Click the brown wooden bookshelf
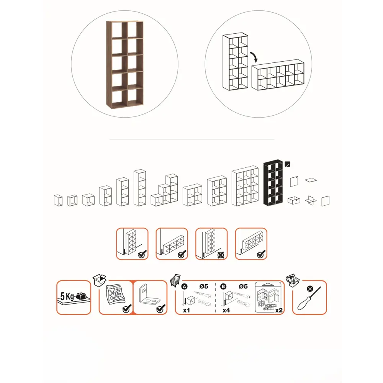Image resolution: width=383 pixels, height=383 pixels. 124,65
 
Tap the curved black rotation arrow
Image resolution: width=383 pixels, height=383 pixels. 254,57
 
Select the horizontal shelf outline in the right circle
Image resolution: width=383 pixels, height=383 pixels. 278,75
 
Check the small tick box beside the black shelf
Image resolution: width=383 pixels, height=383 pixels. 288,164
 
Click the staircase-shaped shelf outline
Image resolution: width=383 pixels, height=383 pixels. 164,190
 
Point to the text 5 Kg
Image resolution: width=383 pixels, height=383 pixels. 67,296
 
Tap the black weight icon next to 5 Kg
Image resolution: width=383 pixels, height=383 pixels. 81,296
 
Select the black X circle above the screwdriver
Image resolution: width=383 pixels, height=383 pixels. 310,289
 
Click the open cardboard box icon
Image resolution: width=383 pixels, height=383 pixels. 100,280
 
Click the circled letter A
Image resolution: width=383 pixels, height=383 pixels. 185,286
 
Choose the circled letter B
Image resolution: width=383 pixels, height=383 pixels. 223,286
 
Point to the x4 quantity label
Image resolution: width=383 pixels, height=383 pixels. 226,310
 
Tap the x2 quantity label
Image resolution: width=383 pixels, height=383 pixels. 279,310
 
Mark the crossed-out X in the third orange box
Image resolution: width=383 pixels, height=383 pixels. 221,255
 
